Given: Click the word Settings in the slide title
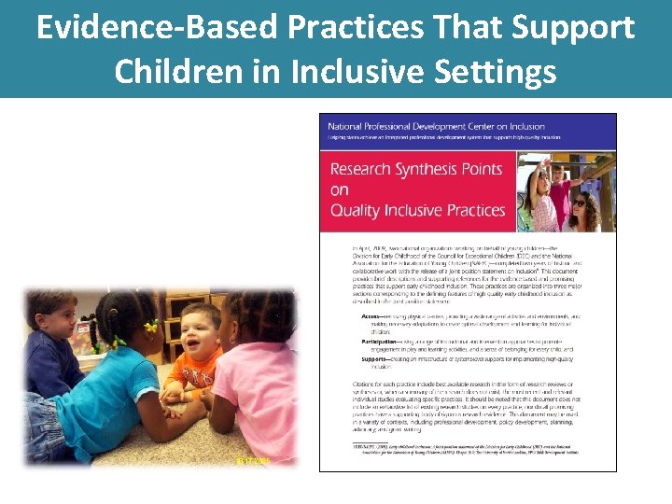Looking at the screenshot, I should pos(496,70).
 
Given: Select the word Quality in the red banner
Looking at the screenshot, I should pos(357,210).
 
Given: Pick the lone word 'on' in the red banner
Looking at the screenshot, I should pos(340,190).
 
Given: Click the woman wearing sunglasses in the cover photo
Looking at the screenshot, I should pos(581,207).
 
